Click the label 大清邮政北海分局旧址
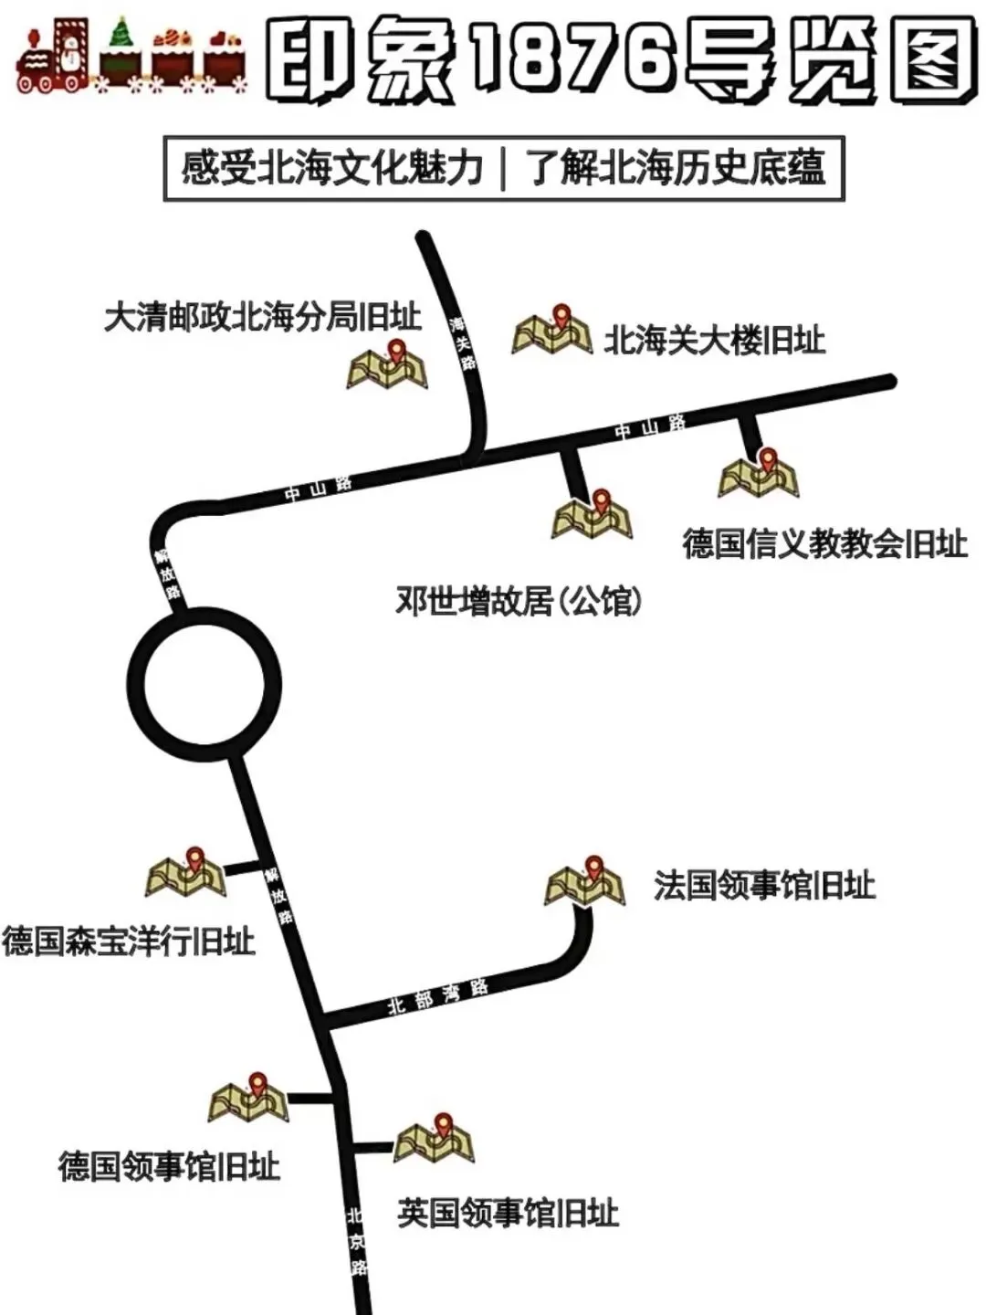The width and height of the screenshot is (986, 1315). (262, 317)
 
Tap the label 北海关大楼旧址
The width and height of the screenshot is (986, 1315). (715, 341)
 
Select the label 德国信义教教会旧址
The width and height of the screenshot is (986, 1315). (824, 544)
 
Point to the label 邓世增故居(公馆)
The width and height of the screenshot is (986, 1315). (519, 601)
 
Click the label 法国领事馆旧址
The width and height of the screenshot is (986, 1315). (764, 885)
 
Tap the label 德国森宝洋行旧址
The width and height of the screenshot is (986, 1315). (128, 941)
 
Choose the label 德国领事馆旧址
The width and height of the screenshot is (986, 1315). (169, 1166)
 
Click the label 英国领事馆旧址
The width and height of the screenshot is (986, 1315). (508, 1214)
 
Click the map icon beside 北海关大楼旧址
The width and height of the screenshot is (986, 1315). (551, 332)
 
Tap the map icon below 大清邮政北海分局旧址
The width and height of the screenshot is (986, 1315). (387, 366)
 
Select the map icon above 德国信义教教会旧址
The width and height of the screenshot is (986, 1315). (759, 475)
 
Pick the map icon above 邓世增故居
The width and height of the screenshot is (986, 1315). (592, 516)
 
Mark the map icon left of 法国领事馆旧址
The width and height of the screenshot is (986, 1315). (585, 883)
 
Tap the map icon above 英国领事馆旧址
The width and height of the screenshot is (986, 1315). (435, 1141)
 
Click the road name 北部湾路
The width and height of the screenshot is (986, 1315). (438, 995)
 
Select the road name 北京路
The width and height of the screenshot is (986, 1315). (357, 1241)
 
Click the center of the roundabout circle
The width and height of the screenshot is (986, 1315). (205, 686)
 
